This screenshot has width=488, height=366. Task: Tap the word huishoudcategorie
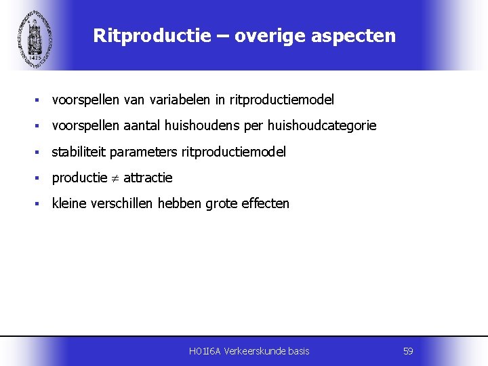click(x=322, y=126)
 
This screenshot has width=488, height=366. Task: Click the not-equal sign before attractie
click(x=115, y=178)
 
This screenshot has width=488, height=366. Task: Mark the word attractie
click(x=148, y=178)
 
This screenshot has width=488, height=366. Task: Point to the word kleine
click(x=69, y=203)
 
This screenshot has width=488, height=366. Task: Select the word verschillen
click(x=122, y=203)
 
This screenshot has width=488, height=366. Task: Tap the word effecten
click(x=265, y=203)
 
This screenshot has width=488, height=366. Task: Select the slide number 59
click(x=408, y=351)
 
